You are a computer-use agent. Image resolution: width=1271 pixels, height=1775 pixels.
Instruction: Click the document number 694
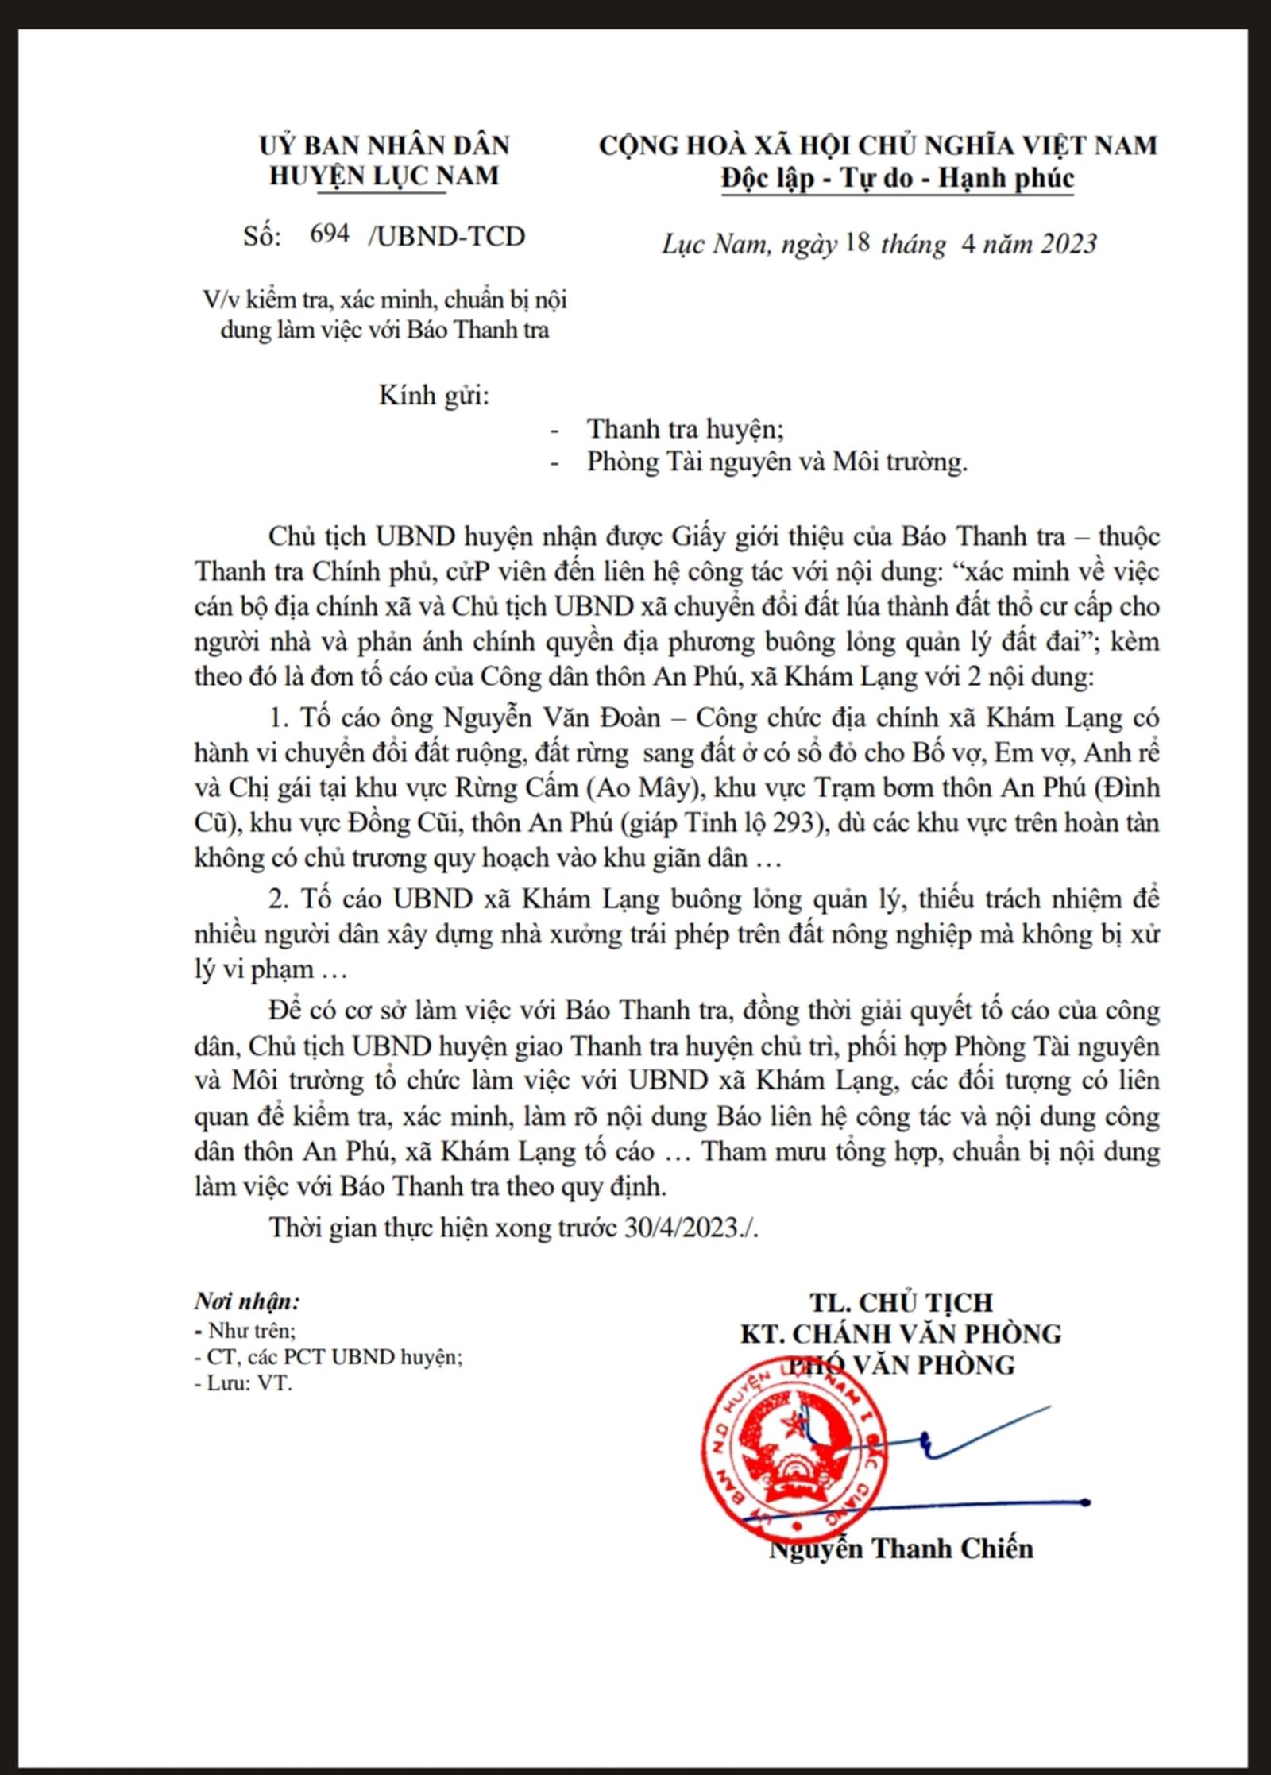(330, 234)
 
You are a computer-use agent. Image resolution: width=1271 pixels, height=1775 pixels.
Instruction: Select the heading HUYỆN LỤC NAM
(384, 176)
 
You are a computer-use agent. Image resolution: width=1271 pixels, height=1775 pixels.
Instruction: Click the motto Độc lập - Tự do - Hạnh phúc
(897, 178)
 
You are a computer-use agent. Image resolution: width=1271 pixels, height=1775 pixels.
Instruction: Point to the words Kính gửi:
(434, 395)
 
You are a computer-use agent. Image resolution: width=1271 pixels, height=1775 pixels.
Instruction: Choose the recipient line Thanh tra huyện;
(685, 429)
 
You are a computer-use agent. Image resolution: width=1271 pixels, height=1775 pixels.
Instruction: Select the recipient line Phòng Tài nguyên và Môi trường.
(777, 462)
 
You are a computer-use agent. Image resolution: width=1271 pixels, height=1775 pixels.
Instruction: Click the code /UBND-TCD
(446, 236)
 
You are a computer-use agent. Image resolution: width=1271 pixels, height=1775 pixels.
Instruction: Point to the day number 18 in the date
(859, 242)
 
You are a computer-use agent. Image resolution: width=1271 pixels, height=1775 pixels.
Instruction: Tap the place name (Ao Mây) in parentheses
(646, 787)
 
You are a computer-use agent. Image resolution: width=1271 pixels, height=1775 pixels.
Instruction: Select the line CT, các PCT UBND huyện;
(329, 1356)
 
